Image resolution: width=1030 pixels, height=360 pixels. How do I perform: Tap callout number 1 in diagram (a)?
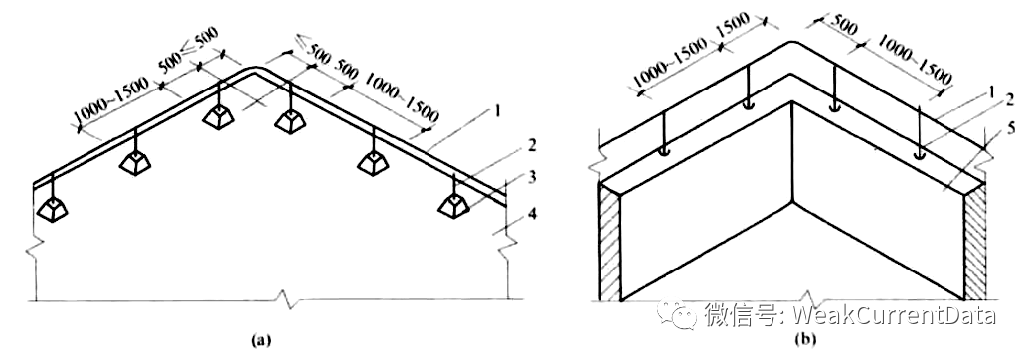(x=497, y=111)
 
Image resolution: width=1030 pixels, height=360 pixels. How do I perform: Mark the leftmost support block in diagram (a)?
(x=53, y=209)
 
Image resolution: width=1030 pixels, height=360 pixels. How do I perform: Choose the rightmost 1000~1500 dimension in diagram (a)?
(x=401, y=97)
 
